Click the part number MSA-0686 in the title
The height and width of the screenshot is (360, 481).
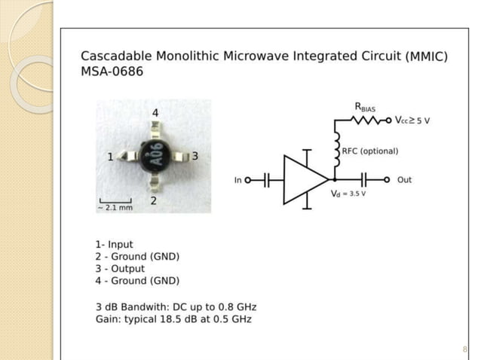point(112,72)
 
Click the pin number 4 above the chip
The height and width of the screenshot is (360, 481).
point(155,113)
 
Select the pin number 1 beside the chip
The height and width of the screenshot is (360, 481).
point(110,157)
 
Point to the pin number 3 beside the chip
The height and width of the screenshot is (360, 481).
point(195,156)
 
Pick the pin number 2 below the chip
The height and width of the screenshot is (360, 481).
point(152,201)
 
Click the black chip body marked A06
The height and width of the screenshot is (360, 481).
point(155,156)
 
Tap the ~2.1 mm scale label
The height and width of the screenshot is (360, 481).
point(115,207)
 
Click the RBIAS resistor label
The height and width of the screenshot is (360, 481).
point(366,108)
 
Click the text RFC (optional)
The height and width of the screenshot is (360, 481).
point(369,151)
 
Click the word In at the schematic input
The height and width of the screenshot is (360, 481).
point(238,180)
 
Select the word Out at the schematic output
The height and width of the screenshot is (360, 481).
point(405,180)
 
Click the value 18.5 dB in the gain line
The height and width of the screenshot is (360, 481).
point(173,319)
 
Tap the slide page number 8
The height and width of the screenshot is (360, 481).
point(465,349)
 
